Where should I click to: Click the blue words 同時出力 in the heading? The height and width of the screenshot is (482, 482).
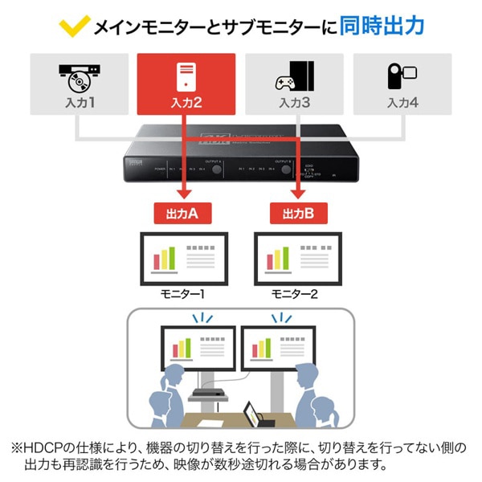coord(383,27)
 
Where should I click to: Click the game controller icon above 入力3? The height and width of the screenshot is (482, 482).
coord(294,78)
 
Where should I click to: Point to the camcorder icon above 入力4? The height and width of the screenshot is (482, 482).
coord(402,76)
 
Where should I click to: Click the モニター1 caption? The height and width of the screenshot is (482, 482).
coord(183,294)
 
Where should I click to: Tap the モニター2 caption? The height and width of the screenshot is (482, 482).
coord(295,294)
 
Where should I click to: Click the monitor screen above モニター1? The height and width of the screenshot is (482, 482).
coord(184,256)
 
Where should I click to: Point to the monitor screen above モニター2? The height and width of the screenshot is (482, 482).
coord(297,256)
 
